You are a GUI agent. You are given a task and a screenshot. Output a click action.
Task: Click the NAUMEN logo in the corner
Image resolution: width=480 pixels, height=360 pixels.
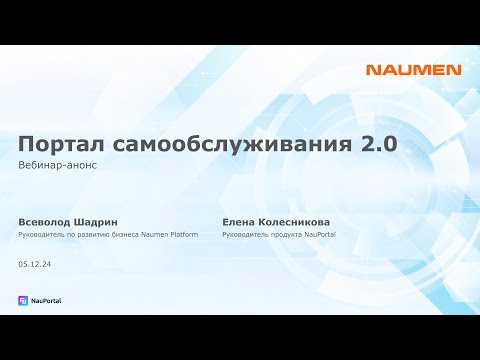413,70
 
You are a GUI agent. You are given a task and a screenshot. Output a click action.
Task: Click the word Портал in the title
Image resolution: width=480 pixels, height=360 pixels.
64,144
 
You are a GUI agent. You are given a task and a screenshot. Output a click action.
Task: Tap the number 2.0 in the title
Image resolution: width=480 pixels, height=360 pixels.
378,144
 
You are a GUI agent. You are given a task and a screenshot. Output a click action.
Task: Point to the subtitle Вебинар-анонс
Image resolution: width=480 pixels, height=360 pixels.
57,165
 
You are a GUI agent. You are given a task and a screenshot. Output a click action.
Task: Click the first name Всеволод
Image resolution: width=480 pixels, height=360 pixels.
47,221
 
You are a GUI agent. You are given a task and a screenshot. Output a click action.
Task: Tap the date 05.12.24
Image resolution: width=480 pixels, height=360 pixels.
35,264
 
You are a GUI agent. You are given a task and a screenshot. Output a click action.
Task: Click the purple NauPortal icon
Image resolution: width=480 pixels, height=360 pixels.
23,300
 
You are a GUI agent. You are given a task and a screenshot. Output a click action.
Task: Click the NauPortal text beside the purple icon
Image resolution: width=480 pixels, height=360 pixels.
46,300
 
